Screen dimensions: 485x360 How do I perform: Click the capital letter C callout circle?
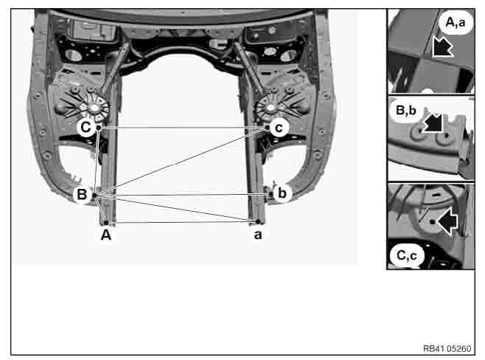[x=86, y=127]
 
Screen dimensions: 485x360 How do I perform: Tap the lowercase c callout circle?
[x=279, y=128]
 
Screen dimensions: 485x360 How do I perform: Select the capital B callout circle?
[x=82, y=195]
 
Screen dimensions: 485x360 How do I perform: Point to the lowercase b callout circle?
[x=282, y=193]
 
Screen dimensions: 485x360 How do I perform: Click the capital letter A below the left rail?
[x=106, y=235]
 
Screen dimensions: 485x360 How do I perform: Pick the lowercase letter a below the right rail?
[x=258, y=235]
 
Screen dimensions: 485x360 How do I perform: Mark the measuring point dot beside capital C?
[x=99, y=127]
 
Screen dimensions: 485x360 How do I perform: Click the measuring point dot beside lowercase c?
[x=268, y=127]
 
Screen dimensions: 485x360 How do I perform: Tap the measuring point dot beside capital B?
[x=94, y=195]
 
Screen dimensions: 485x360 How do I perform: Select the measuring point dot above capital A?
[x=106, y=223]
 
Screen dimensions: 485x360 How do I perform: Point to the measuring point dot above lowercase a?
[x=258, y=221]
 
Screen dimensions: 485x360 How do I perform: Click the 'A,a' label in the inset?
[x=456, y=22]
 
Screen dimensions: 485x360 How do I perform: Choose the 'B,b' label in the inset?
[x=406, y=110]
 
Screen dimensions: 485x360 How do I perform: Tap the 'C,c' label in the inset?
[x=407, y=255]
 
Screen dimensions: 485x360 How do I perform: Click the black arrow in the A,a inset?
[x=442, y=46]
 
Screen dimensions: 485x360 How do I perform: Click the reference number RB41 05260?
[x=447, y=348]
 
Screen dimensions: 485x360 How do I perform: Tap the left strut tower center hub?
[x=94, y=108]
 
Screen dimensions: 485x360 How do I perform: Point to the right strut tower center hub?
[x=271, y=108]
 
